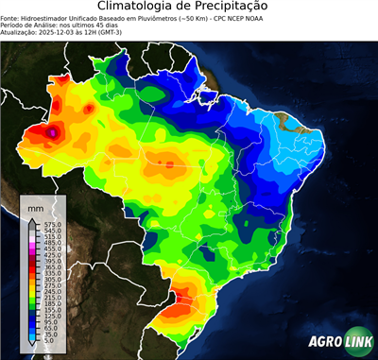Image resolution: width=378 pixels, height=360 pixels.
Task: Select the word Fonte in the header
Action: pos(10,17)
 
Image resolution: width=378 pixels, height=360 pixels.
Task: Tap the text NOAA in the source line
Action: pos(256,17)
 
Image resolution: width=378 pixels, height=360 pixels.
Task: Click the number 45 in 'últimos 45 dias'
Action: pos(103,24)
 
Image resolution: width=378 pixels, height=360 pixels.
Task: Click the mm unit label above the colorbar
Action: pos(35,207)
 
